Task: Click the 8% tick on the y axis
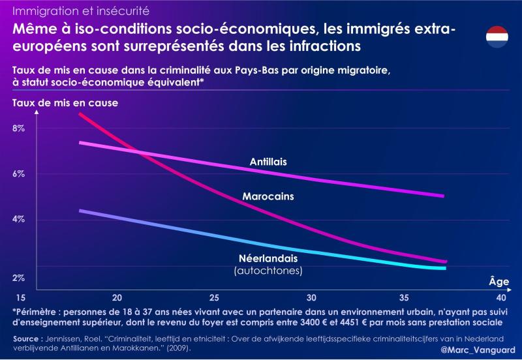click(x=18, y=128)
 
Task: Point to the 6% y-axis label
click(x=18, y=174)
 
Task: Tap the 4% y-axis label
click(x=18, y=219)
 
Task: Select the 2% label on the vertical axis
click(x=18, y=278)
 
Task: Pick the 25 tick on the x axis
click(x=215, y=295)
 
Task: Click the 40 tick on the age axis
click(x=501, y=295)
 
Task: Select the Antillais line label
click(x=269, y=162)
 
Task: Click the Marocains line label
click(x=268, y=196)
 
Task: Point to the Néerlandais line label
click(x=268, y=258)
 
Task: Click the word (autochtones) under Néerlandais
click(x=268, y=269)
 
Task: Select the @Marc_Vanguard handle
click(x=478, y=350)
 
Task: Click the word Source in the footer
click(x=29, y=338)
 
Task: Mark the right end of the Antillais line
click(x=444, y=196)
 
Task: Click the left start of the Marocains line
click(x=79, y=114)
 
